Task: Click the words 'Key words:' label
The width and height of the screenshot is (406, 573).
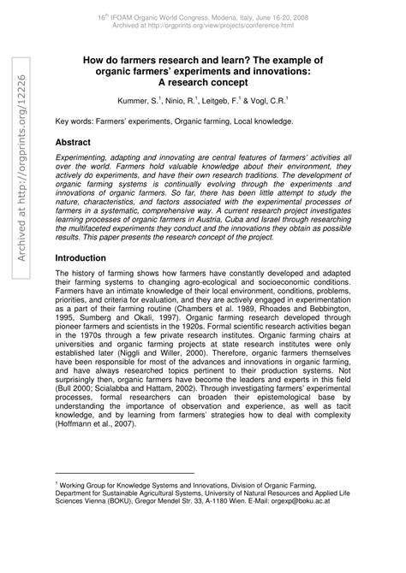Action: tap(74, 122)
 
